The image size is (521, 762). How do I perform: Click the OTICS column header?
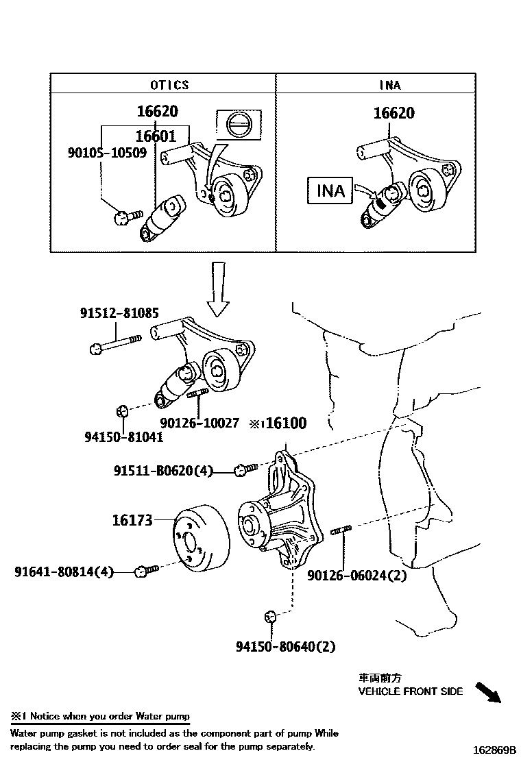click(169, 85)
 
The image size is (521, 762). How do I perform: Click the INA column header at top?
click(390, 85)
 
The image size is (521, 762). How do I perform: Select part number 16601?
click(156, 136)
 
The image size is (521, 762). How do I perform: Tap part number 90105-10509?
click(107, 152)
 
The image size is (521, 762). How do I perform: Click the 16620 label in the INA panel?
click(393, 113)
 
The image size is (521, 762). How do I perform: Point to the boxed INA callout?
click(330, 190)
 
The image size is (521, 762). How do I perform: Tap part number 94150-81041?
click(114, 437)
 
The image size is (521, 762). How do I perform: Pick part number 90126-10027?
click(199, 423)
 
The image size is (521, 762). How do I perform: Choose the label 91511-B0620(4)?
click(163, 471)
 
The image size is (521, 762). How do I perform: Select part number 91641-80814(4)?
click(64, 570)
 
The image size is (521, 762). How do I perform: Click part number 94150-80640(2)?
click(286, 646)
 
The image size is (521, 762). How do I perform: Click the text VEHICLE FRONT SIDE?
click(411, 691)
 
